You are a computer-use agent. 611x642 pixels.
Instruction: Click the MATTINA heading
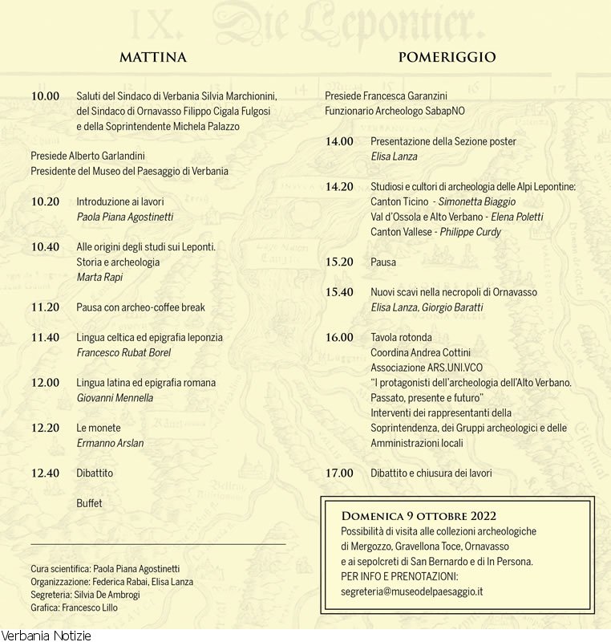[x=152, y=57]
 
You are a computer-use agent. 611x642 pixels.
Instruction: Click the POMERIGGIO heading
[x=447, y=57]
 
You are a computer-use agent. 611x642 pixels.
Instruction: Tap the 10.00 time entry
[x=45, y=96]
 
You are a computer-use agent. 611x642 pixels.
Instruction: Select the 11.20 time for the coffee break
[x=45, y=307]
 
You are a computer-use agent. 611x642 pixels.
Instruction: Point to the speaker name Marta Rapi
[x=99, y=278]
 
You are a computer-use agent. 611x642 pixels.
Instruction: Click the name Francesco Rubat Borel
[x=123, y=352]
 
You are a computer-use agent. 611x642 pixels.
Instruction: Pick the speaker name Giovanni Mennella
[x=115, y=398]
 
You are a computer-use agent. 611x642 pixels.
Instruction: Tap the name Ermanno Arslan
[x=110, y=443]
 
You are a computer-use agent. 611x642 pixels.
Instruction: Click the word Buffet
[x=89, y=503]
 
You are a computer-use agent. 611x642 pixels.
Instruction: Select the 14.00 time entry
[x=339, y=142]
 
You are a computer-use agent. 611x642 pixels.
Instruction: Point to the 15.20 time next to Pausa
[x=339, y=262]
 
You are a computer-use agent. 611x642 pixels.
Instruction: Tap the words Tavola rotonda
[x=401, y=338]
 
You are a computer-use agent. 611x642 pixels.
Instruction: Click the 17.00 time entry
[x=339, y=473]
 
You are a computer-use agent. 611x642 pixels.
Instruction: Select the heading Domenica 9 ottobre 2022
[x=419, y=515]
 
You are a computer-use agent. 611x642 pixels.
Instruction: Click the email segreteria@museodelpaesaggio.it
[x=412, y=591]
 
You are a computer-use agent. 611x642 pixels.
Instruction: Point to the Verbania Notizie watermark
[x=46, y=636]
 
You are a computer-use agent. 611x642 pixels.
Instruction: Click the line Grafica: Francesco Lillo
[x=74, y=607]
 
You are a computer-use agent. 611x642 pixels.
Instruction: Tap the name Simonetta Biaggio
[x=477, y=201]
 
